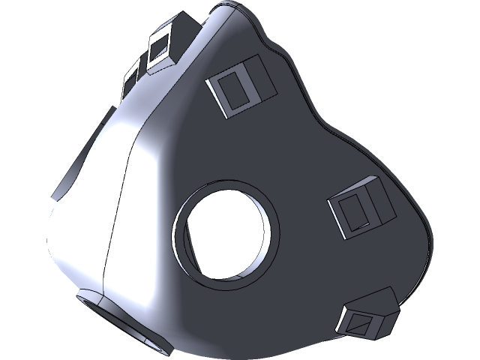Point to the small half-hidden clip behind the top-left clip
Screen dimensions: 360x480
click(132, 78)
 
